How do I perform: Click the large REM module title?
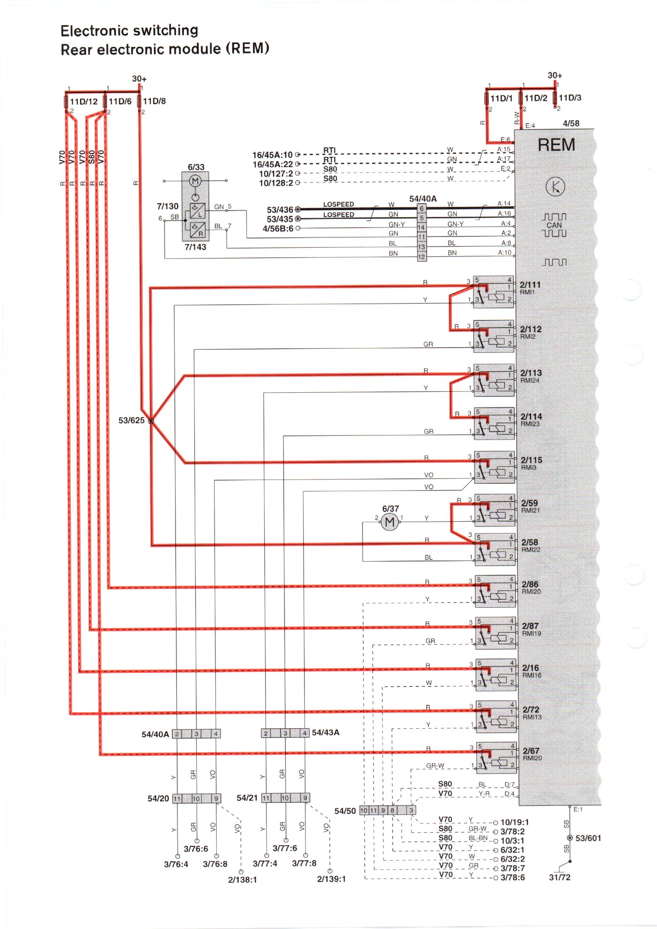point(556,145)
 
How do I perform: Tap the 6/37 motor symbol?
point(390,522)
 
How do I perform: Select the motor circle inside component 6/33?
point(195,181)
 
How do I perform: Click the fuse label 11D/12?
point(84,101)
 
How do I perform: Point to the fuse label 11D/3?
point(570,98)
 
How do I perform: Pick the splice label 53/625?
point(131,420)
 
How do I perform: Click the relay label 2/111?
point(530,284)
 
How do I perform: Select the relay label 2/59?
point(529,503)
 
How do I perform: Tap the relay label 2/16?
point(530,668)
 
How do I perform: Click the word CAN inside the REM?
point(554,225)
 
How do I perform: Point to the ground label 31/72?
point(559,877)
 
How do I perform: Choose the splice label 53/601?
point(588,838)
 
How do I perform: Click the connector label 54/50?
point(345,811)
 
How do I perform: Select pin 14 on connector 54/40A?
point(421,228)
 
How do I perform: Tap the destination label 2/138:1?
point(242,879)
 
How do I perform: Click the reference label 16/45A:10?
point(272,155)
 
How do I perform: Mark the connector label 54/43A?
point(326,732)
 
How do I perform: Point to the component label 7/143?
point(195,247)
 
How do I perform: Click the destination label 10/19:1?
point(514,822)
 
